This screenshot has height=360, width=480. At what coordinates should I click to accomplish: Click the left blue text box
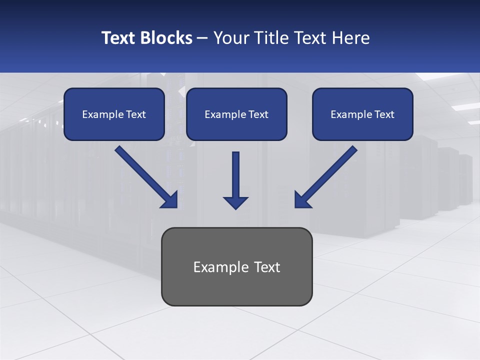coord(114,114)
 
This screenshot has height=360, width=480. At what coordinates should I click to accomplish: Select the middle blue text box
coord(236,114)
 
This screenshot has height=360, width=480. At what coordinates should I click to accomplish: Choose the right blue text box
coord(362,114)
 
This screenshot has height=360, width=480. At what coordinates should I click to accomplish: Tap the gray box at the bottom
coord(236,266)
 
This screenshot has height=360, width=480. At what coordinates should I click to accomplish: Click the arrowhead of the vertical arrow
coord(235,202)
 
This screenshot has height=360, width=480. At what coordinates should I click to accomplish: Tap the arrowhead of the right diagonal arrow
coord(302,200)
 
